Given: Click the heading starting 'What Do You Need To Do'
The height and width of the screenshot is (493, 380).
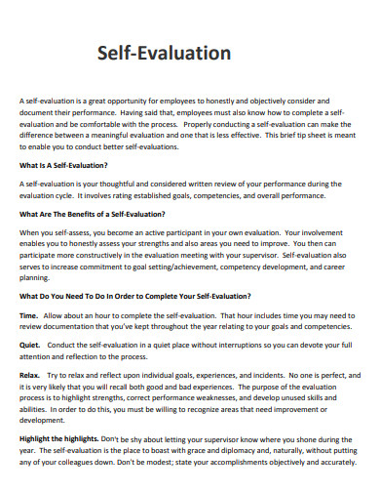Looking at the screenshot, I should pos(134,295).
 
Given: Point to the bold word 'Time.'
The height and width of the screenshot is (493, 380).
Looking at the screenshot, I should pos(28,316).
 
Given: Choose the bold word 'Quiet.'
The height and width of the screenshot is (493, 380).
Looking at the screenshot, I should pos(30,345).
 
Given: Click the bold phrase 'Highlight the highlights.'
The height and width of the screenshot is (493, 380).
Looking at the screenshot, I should pos(62,438).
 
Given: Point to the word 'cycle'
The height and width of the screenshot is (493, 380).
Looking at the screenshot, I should pos(74,195).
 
